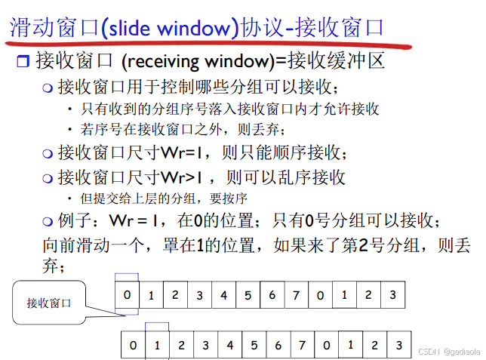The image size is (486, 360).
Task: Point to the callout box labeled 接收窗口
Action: [48, 303]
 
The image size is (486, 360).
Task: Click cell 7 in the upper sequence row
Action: [296, 295]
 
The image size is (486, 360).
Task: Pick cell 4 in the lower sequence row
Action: [229, 345]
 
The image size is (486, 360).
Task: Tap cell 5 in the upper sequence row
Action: [248, 295]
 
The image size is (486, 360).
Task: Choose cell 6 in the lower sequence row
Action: [278, 345]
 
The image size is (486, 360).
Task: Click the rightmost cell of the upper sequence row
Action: [392, 295]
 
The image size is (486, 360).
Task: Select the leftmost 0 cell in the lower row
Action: [133, 345]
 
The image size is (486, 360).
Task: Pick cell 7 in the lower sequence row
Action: [302, 345]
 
